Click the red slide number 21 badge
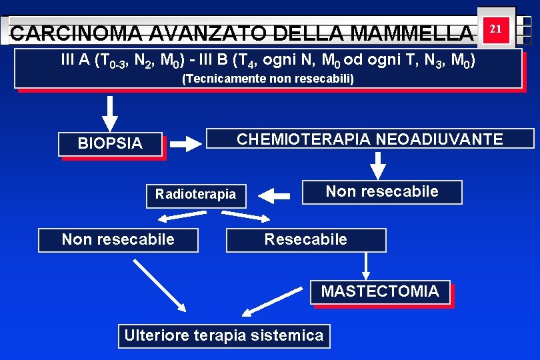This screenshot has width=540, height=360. [x=495, y=29]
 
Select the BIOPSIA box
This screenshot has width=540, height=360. [x=111, y=143]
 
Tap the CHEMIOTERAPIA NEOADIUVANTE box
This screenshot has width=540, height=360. [x=370, y=139]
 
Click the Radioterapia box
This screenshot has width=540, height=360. [x=195, y=195]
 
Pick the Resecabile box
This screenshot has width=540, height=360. [x=306, y=239]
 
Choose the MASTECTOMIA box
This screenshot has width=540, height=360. [x=380, y=291]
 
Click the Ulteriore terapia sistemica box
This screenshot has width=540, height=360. [x=223, y=335]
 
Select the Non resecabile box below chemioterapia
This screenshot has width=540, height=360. [x=381, y=192]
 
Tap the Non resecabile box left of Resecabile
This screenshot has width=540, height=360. [x=118, y=239]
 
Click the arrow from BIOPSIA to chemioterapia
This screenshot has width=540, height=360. [x=184, y=143]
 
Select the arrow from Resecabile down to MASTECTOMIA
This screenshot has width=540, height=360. [x=365, y=265]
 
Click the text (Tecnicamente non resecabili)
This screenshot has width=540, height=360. [x=268, y=79]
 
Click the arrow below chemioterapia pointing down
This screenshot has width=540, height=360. [x=378, y=166]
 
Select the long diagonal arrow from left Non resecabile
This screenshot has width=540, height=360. [x=160, y=285]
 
